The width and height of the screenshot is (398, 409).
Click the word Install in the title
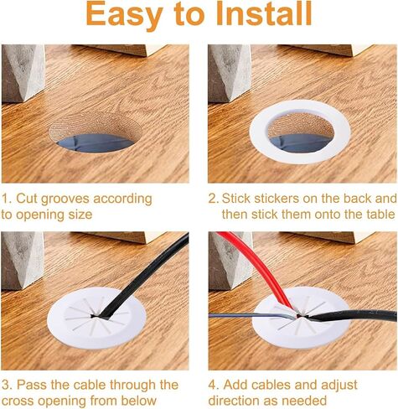click(265, 14)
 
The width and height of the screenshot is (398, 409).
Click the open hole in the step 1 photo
click(96, 132)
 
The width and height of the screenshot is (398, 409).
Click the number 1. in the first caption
click(7, 199)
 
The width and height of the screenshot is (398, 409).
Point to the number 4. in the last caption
click(214, 385)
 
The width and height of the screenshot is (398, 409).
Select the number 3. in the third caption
click(7, 385)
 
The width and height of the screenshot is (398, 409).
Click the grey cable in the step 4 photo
click(251, 316)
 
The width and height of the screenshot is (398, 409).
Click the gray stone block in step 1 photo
click(23, 73)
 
